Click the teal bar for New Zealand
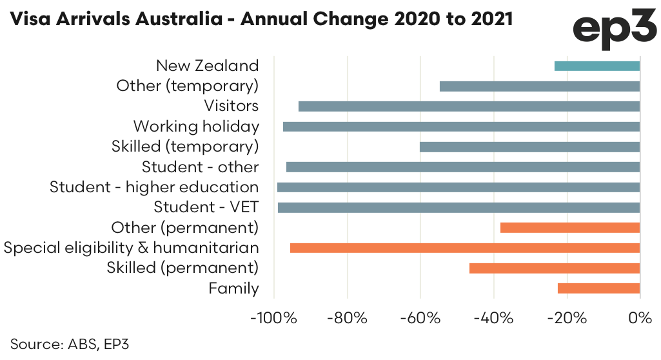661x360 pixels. point(597,66)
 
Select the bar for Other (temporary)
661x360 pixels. point(540,86)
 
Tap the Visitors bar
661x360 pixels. point(469,106)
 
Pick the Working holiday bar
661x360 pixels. point(461,126)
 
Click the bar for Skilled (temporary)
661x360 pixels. point(529,147)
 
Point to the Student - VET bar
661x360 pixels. point(459,208)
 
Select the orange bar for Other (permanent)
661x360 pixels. point(570,228)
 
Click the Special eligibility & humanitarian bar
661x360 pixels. point(465,248)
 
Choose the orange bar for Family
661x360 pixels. point(598,288)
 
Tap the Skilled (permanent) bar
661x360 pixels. point(555,268)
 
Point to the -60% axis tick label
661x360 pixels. point(420,318)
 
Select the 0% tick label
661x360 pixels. point(640,318)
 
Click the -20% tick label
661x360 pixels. point(566,318)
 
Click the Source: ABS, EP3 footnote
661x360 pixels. point(70,343)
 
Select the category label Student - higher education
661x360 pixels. point(154,187)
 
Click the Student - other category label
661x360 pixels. point(200,167)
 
